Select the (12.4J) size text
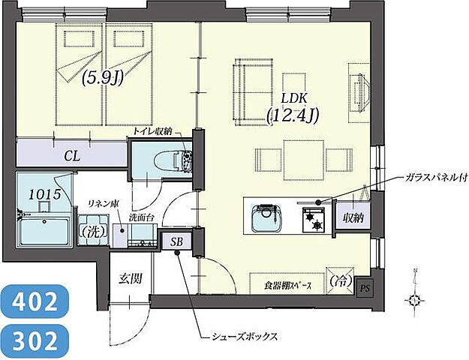point(293,115)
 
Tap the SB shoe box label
point(176,241)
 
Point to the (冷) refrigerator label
point(341,283)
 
